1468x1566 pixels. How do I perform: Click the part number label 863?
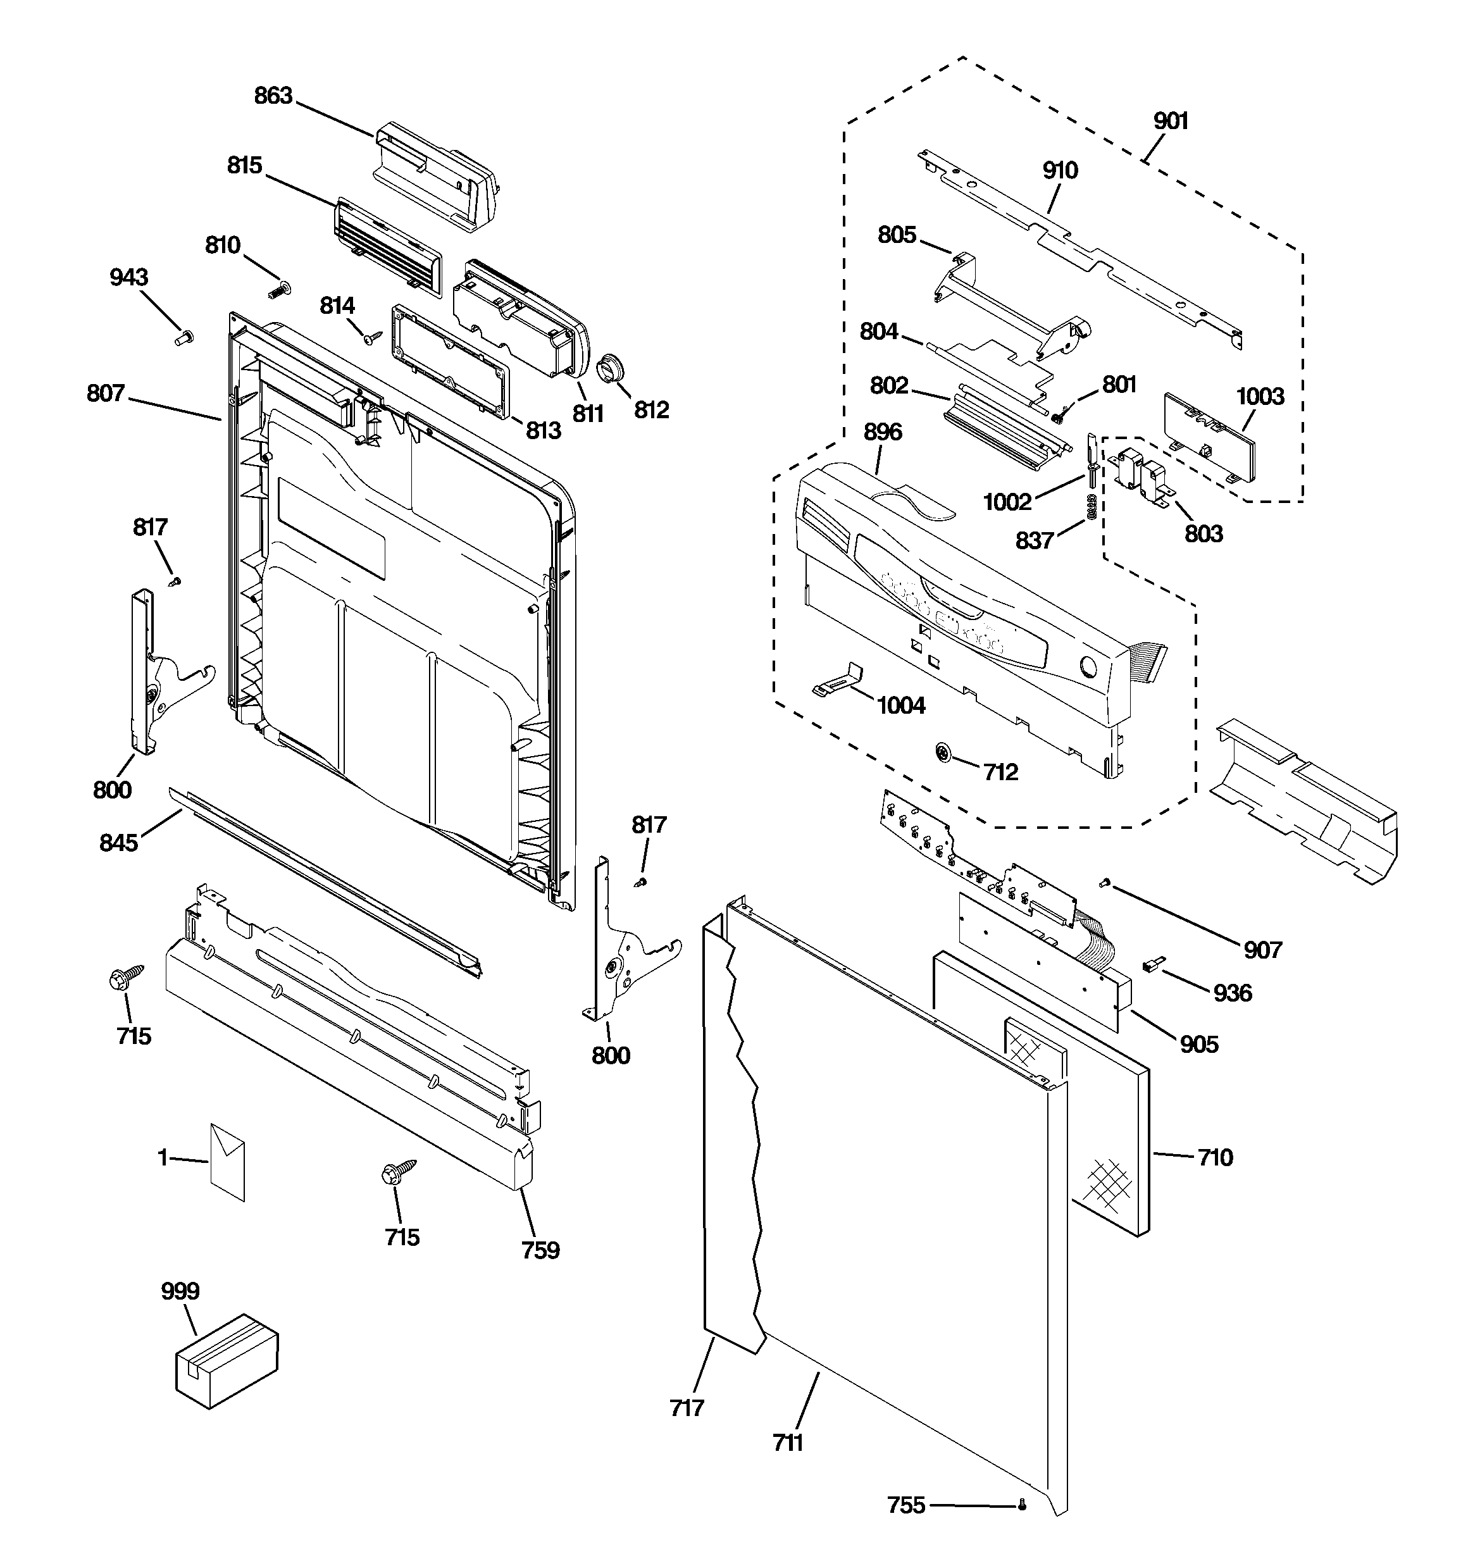coord(273,96)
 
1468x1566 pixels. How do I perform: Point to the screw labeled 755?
coord(1023,1505)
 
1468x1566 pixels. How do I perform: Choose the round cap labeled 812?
coord(611,368)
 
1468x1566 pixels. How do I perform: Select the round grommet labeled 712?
coord(942,753)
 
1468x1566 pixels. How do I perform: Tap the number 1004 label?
coord(900,705)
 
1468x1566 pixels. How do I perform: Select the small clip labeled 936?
coord(1152,965)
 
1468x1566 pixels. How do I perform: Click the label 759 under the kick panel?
coord(540,1250)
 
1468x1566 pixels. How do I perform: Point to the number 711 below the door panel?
coord(787,1443)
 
